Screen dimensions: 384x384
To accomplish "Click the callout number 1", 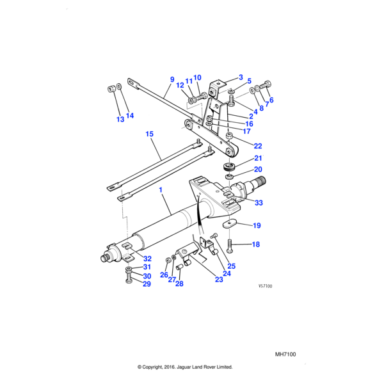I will [161, 191].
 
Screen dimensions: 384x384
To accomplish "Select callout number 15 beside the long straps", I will [149, 134].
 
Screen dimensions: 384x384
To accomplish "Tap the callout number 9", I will [172, 80].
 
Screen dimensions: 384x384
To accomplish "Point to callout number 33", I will [259, 203].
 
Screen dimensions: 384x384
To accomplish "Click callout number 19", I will [257, 225].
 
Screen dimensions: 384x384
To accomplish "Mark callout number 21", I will [258, 158].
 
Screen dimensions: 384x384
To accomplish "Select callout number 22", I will [257, 146].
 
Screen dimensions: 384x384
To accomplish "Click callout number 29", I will [146, 284].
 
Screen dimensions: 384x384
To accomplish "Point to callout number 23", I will [219, 279].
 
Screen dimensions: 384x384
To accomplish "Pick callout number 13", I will [120, 120].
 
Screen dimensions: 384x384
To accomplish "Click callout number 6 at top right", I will [270, 100].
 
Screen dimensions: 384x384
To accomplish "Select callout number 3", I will [240, 77].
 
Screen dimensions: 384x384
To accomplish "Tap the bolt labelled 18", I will [231, 243].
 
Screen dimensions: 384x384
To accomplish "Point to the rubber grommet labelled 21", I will [228, 167].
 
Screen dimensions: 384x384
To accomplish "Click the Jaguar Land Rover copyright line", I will [185, 367].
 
